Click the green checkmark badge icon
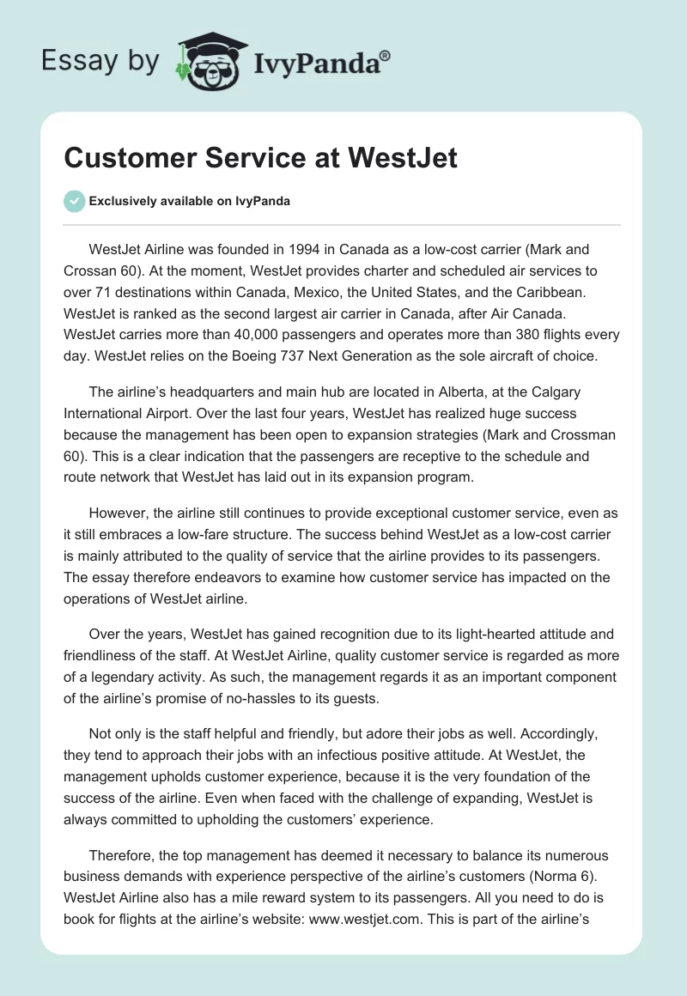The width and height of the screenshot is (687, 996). coord(74,201)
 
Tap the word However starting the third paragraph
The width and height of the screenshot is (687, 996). coord(119,513)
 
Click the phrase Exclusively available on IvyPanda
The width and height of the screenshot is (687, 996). coord(190,201)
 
